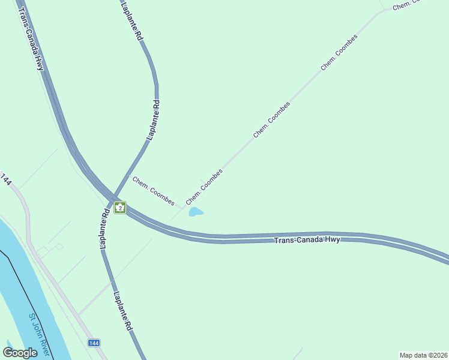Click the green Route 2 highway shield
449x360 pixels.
coord(120,208)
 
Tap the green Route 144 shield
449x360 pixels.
coord(93,343)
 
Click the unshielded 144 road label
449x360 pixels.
coord(6,179)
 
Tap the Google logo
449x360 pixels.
coord(20,353)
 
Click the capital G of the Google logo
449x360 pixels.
coord(8,353)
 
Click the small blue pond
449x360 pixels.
coord(196,212)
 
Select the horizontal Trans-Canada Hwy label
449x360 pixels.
coord(307,239)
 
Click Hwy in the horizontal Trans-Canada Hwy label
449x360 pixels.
coord(332,239)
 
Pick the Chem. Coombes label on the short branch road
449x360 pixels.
coord(154,191)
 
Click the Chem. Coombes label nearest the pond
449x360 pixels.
coord(205,186)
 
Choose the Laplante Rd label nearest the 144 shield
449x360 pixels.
coord(122,311)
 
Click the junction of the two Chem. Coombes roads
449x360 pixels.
coord(182,208)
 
